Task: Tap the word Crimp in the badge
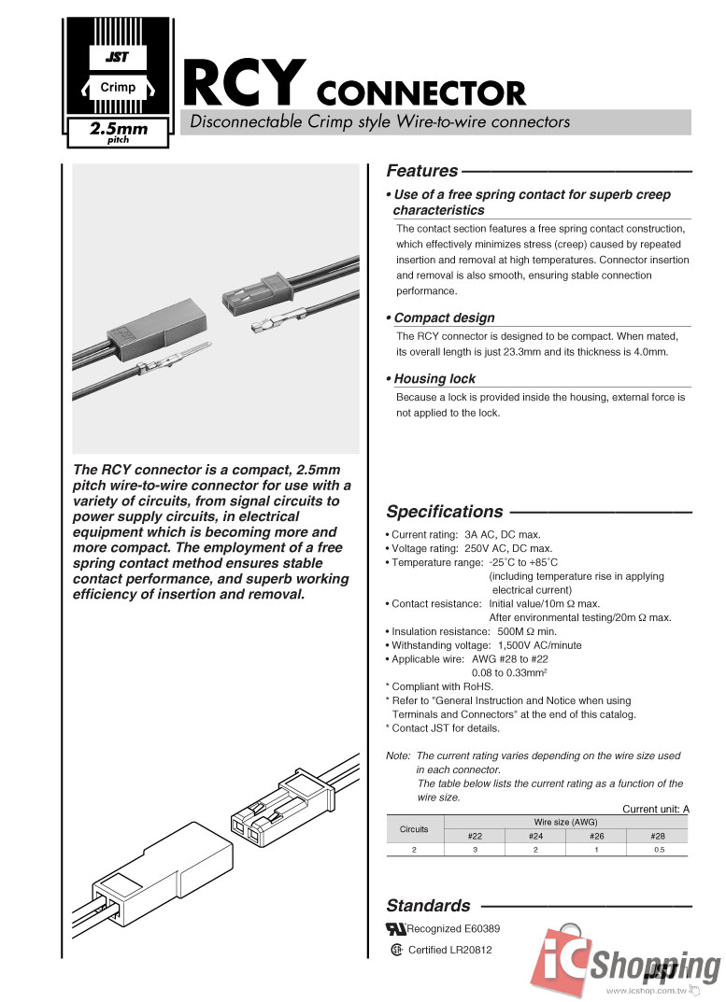[x=118, y=87]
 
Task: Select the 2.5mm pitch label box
[x=119, y=133]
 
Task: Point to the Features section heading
[x=422, y=171]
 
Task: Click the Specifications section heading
[x=445, y=512]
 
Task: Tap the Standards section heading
[x=429, y=905]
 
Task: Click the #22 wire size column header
[x=475, y=836]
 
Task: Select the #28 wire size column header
[x=658, y=836]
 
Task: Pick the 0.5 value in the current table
[x=658, y=850]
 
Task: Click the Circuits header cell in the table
[x=414, y=829]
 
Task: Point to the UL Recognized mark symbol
[x=396, y=929]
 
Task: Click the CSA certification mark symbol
[x=396, y=951]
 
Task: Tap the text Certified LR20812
[x=450, y=951]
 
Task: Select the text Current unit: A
[x=656, y=809]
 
